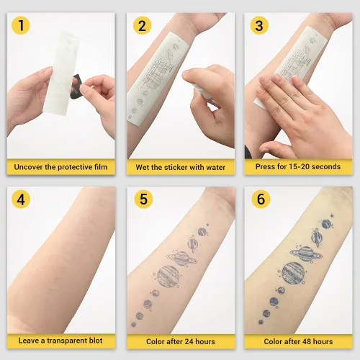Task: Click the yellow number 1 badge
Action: [x=22, y=27]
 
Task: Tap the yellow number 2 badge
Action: [x=142, y=27]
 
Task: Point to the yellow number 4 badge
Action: [x=22, y=199]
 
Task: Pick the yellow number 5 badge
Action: [x=142, y=199]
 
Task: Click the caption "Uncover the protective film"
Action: [x=60, y=167]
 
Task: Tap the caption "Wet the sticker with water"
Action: [x=181, y=167]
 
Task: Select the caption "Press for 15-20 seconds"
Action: [x=298, y=167]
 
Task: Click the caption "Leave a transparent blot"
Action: [x=60, y=341]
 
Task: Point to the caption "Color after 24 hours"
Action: [x=181, y=341]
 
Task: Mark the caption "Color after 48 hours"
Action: [x=298, y=341]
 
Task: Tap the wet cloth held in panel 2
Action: [x=202, y=92]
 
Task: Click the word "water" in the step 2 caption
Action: [x=215, y=167]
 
